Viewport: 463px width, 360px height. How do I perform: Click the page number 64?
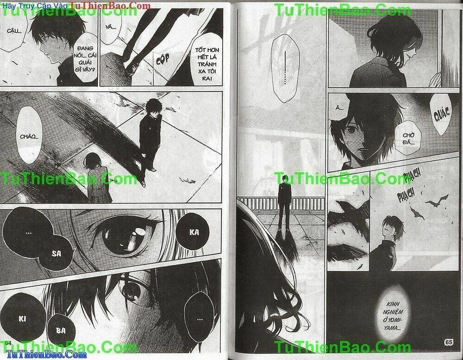point(8,343)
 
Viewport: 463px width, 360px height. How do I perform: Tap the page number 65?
point(448,342)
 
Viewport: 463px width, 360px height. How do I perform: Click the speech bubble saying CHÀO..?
point(29,135)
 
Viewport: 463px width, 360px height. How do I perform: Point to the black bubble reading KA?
point(194,232)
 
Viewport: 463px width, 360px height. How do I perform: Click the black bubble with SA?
point(56,253)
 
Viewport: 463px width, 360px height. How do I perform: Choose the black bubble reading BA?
point(61,330)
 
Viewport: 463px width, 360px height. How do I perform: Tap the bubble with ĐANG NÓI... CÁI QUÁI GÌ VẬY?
point(85,59)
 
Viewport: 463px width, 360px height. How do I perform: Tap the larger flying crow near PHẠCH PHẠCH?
point(437,201)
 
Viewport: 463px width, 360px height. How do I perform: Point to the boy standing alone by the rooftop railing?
point(284,202)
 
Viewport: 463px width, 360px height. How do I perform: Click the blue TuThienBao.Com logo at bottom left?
point(47,355)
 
